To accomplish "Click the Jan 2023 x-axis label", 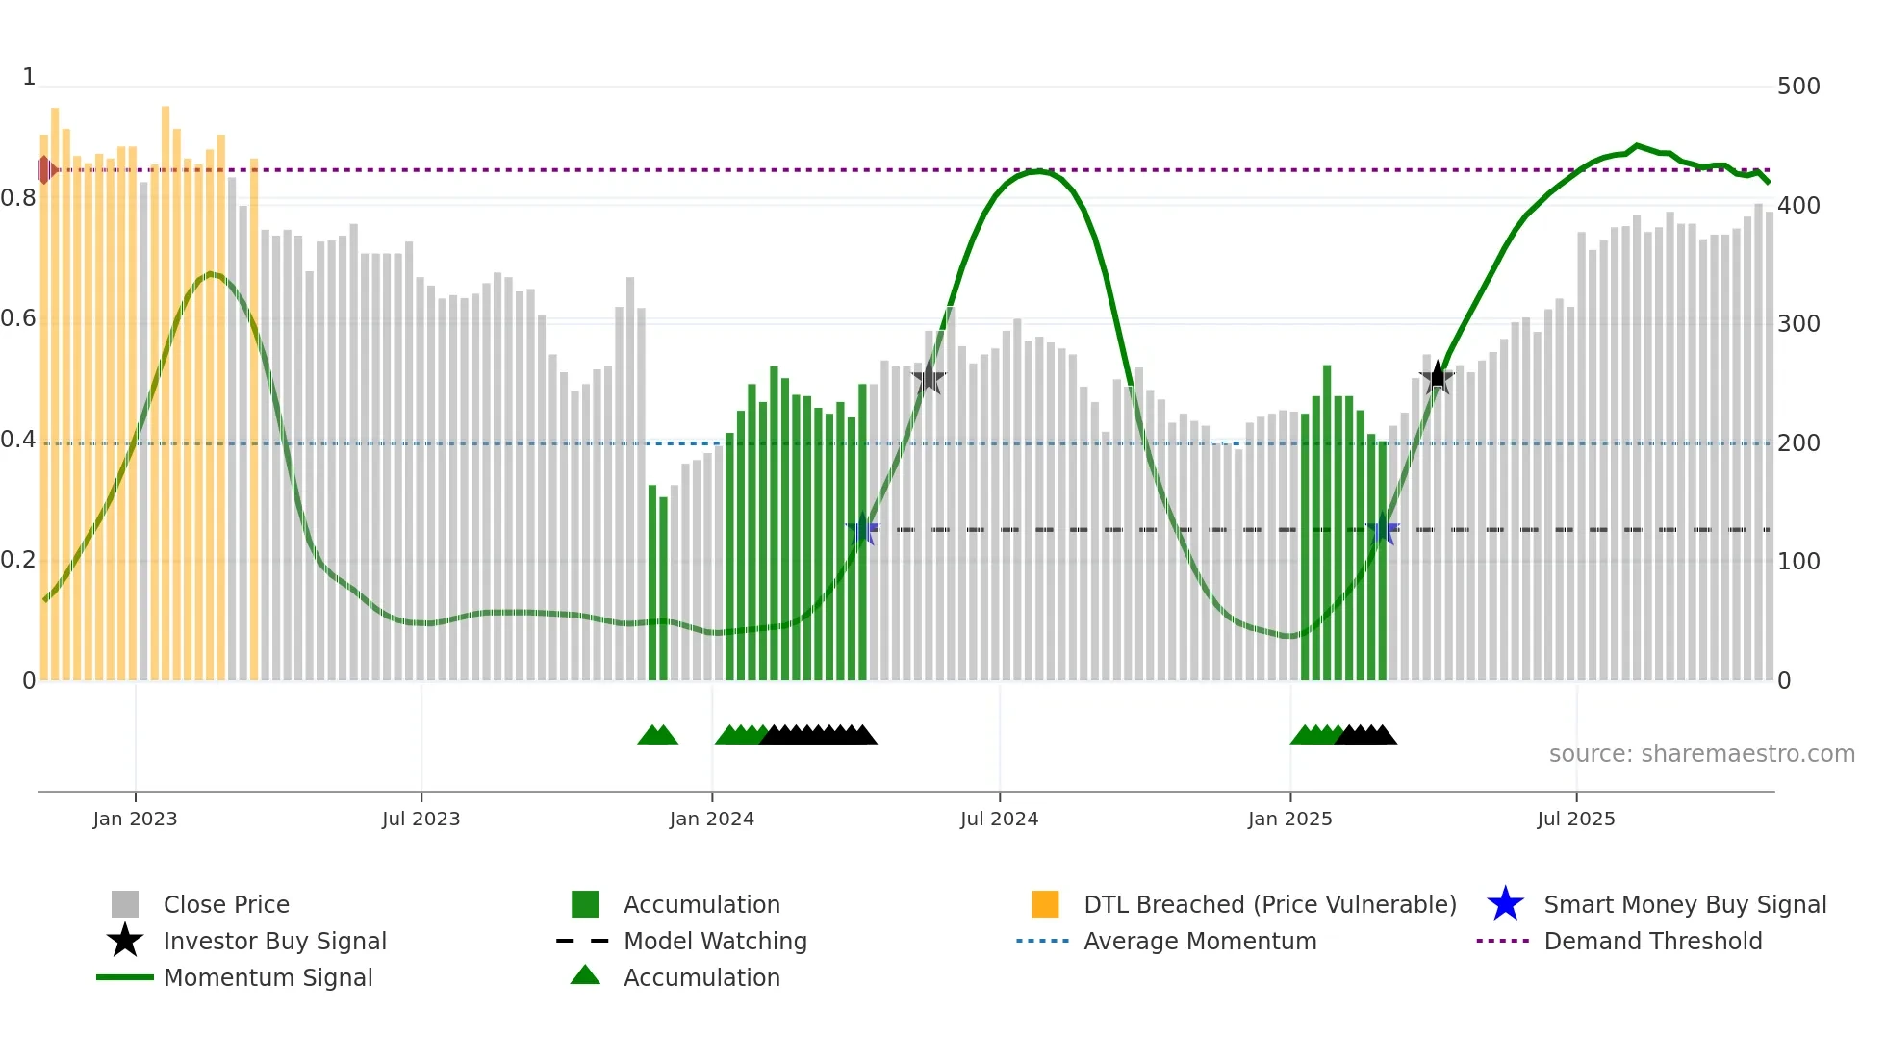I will (135, 819).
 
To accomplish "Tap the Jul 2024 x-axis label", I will (999, 819).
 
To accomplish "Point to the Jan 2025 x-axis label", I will (1289, 819).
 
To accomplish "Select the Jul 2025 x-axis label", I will (1575, 819).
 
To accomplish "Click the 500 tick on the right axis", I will (1797, 87).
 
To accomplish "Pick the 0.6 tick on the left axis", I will (18, 318).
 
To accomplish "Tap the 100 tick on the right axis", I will (1797, 562).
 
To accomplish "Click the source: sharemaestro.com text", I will (1701, 754).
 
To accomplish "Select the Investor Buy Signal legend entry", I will (274, 941).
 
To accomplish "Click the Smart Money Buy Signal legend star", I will (1505, 904).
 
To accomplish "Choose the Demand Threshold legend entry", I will (1652, 941).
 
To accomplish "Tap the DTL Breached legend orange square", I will (1045, 904).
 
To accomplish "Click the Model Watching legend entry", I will (714, 941).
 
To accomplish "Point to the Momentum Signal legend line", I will (125, 977).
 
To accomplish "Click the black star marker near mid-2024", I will (929, 378).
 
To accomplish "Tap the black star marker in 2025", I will (1437, 377).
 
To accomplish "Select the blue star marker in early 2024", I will (862, 529).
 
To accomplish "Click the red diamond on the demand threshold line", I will (45, 170).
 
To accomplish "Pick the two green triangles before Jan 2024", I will (658, 735).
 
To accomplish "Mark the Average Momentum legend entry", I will (1199, 941).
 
